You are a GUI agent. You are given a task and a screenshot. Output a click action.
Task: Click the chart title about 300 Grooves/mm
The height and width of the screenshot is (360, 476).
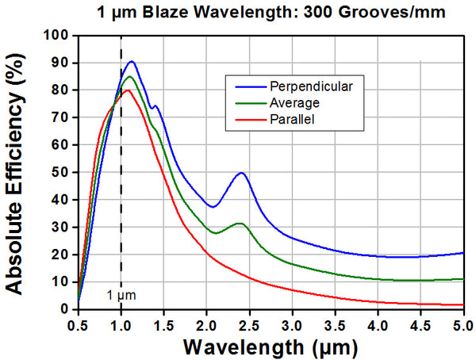coord(271,13)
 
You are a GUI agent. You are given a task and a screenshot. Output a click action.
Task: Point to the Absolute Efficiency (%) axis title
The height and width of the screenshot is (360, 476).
coord(17,172)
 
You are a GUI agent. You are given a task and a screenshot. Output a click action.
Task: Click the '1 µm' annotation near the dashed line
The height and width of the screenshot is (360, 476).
coord(121,296)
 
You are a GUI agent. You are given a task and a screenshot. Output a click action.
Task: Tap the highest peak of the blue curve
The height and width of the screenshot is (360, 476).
coord(132,61)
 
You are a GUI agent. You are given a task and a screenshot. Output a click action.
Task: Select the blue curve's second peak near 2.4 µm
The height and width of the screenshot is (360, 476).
coord(241,172)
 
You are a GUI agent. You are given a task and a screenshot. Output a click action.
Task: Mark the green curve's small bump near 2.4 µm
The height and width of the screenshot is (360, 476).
coord(240,224)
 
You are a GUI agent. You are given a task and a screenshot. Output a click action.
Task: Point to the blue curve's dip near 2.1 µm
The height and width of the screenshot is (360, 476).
coord(213,206)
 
